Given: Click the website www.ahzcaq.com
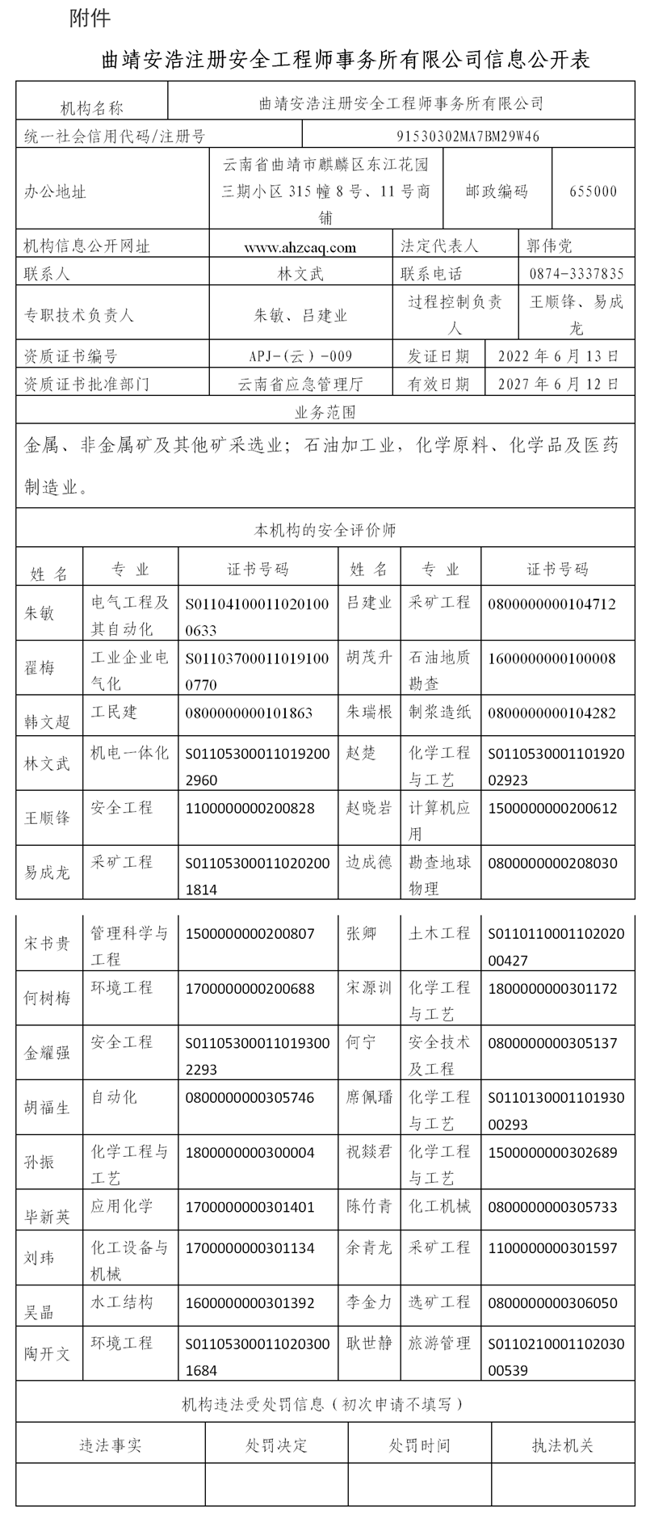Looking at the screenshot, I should (x=300, y=247).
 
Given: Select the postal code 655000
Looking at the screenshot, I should (x=593, y=191).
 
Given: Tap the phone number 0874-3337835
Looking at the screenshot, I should (x=577, y=274).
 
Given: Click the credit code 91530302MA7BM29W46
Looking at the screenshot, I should (x=468, y=136).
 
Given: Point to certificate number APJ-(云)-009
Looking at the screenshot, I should (x=300, y=355).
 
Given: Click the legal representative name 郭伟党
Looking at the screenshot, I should (x=549, y=246).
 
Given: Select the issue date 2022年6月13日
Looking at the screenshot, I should (x=559, y=355).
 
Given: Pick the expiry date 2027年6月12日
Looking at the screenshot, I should (x=559, y=384).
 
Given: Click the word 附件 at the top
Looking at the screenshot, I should (x=90, y=18).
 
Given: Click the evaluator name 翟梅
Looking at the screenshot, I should (x=40, y=668).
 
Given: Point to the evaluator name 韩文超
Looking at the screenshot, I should (x=47, y=721).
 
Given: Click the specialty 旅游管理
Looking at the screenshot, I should (x=439, y=1343).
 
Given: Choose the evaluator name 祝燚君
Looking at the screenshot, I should (x=369, y=1151).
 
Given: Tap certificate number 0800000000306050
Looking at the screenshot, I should (x=552, y=1302).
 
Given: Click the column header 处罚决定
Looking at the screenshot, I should (x=276, y=1445).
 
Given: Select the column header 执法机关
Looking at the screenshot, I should (x=563, y=1445).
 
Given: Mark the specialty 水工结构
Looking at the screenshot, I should (x=121, y=1302).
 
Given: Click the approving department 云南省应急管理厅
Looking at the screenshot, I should (x=300, y=384).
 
